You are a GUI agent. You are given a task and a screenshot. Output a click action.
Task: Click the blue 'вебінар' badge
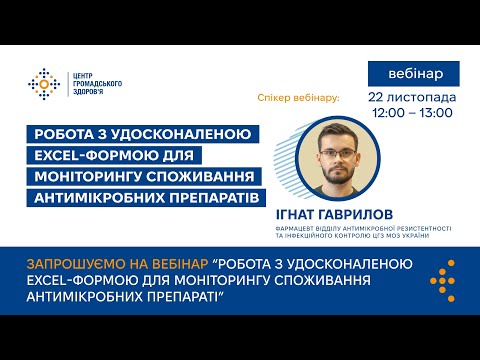pyautogui.click(x=414, y=73)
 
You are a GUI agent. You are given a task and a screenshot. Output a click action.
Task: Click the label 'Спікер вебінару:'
pyautogui.click(x=299, y=98)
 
